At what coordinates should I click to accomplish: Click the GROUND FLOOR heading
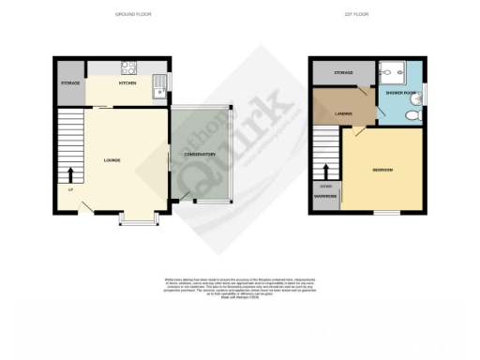(132, 15)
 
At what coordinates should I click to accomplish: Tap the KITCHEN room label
(127, 83)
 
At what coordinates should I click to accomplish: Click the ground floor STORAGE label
(70, 83)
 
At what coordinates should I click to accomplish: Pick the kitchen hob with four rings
(127, 67)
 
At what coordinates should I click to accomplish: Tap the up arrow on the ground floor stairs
(71, 174)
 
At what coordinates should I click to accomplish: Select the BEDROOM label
(382, 169)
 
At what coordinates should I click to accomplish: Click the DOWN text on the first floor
(324, 186)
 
